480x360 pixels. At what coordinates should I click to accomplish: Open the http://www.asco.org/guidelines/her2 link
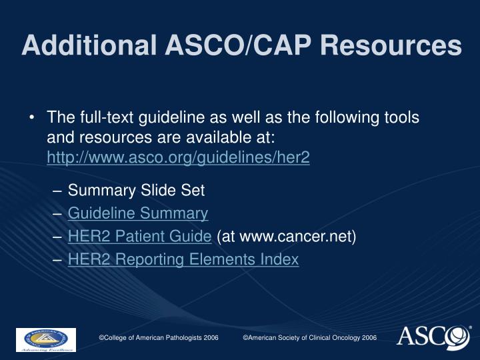(x=178, y=159)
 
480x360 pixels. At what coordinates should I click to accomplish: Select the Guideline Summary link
(x=138, y=213)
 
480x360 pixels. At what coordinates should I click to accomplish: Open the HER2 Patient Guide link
(x=140, y=236)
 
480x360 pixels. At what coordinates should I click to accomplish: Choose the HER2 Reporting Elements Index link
(x=183, y=259)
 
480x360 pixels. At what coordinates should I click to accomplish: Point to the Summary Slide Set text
(x=136, y=191)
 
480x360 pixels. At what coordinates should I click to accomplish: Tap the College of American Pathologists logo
(x=45, y=339)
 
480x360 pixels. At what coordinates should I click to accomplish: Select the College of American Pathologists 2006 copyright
(x=159, y=338)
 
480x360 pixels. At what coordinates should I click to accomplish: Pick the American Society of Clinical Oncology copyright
(x=309, y=338)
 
